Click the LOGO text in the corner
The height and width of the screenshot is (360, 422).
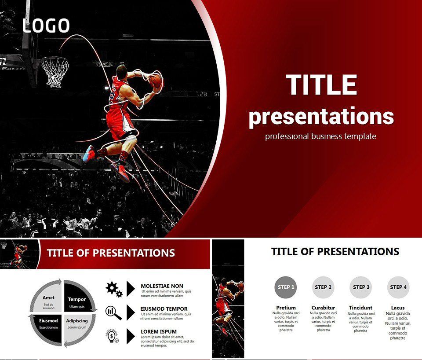pos(46,26)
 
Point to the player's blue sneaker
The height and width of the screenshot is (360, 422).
pos(89,154)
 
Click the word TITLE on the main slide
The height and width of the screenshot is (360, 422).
pos(321,85)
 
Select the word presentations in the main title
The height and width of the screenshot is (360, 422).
pos(321,116)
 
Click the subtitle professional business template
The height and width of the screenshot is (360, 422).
pos(320,136)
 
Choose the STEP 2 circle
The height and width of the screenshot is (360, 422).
pos(323,287)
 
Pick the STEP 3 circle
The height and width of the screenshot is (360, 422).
pos(360,287)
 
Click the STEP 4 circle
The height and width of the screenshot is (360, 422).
pos(398,287)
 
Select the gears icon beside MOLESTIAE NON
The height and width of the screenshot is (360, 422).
pos(113,289)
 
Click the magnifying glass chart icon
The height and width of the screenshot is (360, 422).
pos(113,312)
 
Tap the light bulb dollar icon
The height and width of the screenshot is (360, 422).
pos(113,336)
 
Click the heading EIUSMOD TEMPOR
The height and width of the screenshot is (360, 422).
pos(164,309)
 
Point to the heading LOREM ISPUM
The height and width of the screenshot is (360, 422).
pos(159,332)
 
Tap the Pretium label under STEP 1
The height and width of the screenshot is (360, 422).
pos(286,308)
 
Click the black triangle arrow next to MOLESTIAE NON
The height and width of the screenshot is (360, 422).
pos(131,289)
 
